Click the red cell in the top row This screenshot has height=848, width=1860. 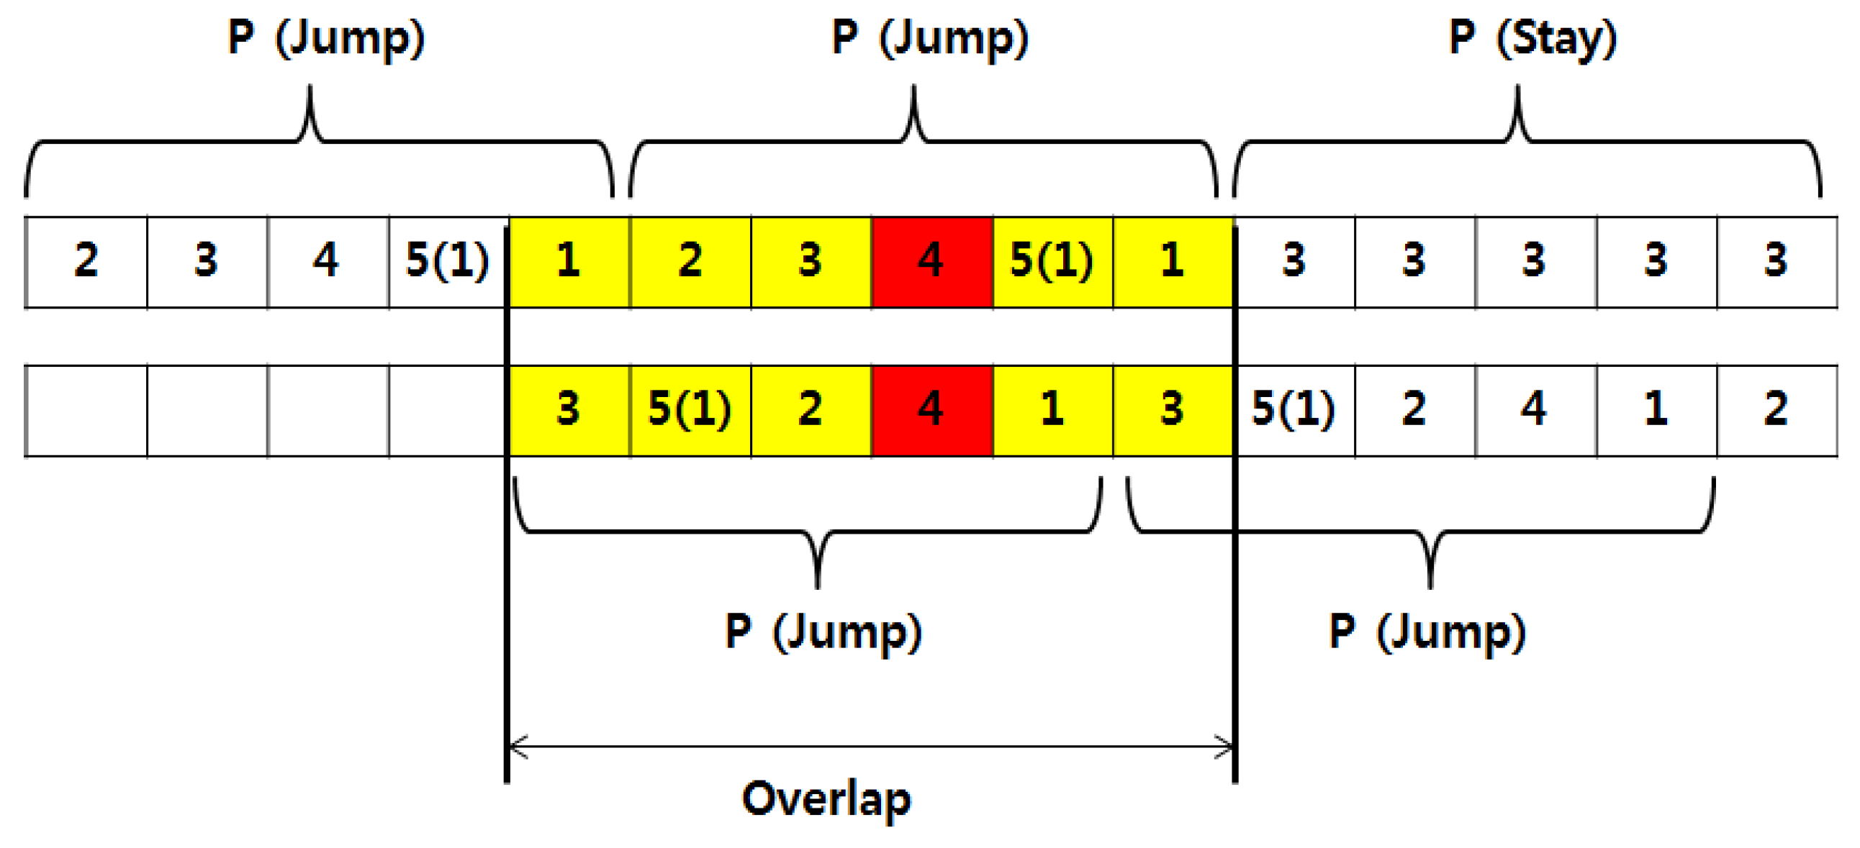point(931,261)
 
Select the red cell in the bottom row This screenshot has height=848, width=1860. point(931,410)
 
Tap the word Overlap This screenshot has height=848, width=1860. point(827,800)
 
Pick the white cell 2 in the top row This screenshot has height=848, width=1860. point(86,261)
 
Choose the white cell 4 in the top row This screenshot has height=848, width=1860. point(328,261)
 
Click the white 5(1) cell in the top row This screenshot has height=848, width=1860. point(448,261)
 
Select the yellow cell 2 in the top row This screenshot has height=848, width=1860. point(690,261)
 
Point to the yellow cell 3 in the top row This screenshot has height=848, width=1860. point(811,261)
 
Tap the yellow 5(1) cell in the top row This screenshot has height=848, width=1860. point(1053,261)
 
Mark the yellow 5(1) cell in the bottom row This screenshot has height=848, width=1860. point(690,410)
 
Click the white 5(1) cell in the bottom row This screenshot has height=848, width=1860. point(1295,410)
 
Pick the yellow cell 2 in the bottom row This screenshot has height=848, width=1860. point(811,410)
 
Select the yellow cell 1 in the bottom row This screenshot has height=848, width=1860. point(1053,410)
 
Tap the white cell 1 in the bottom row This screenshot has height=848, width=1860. point(1656,410)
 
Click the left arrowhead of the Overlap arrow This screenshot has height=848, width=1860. point(517,747)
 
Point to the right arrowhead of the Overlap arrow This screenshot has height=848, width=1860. point(1225,747)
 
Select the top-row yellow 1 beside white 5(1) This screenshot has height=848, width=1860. point(569,261)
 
